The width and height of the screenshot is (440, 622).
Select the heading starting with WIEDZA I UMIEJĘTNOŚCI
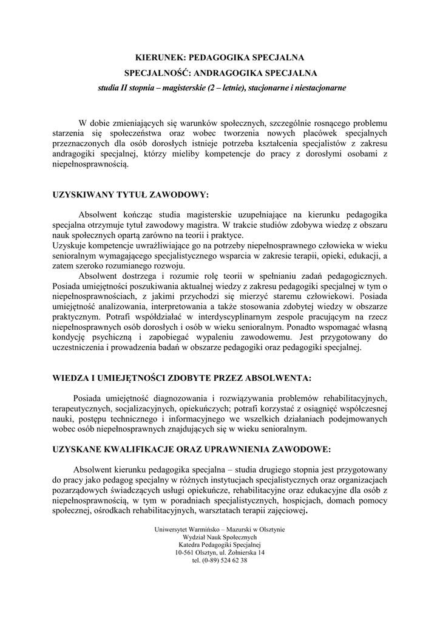182,378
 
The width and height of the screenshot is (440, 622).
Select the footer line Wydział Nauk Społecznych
220,538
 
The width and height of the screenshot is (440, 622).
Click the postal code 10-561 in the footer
186,553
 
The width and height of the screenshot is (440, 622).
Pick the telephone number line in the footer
220,561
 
